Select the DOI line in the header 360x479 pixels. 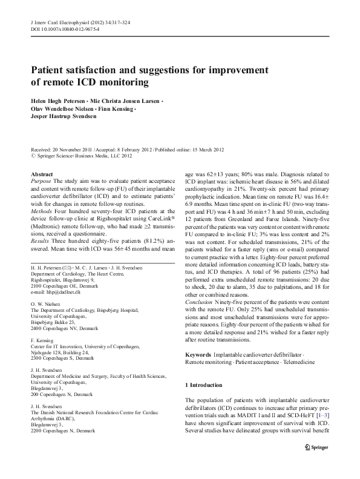pos(65,28)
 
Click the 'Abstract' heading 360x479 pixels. pos(42,174)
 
